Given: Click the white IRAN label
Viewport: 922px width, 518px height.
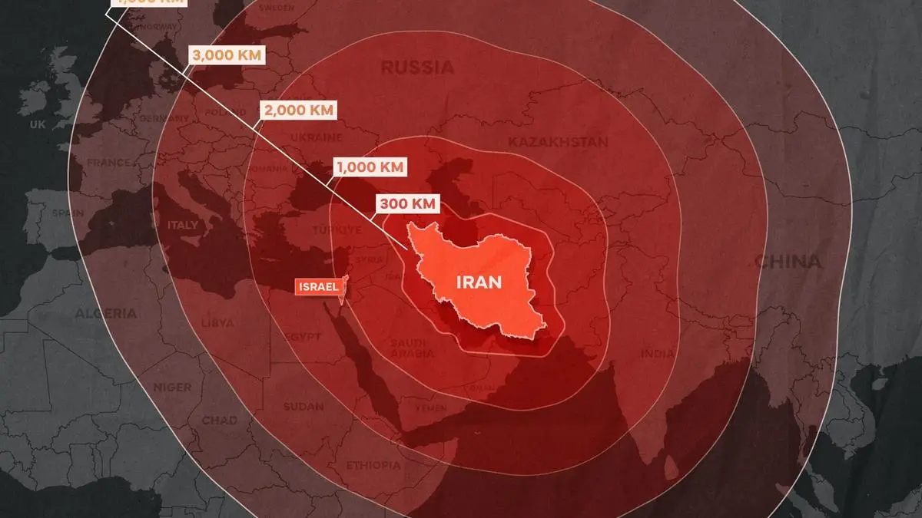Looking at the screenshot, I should click(479, 282).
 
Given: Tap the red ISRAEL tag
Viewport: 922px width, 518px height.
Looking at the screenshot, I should click(317, 287).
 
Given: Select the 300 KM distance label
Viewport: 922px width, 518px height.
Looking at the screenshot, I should click(407, 204).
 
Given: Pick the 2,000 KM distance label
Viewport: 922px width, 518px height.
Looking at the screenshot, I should click(298, 110).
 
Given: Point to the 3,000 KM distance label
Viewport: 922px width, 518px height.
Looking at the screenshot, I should click(227, 55).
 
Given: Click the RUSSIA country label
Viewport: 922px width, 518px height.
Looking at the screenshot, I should click(417, 68).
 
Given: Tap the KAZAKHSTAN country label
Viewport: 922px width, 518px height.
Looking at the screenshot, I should click(557, 142).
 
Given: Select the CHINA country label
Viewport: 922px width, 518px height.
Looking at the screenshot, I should click(788, 262).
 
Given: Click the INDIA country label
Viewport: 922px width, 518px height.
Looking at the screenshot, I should click(658, 354).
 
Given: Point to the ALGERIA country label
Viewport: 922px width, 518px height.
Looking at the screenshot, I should click(106, 313).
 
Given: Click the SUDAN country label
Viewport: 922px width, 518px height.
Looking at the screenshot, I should click(303, 406).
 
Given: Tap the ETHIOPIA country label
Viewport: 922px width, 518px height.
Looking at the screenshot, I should click(373, 465).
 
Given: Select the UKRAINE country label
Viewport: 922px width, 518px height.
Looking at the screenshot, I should click(315, 138).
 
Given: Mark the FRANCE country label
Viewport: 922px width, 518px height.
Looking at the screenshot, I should click(108, 163).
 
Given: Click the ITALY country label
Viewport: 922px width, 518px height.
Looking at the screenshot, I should click(183, 226).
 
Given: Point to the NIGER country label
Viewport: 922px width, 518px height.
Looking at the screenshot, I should click(171, 387).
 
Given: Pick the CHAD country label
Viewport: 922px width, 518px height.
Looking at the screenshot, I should click(219, 421).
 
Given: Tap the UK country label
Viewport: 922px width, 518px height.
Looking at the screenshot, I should click(38, 124).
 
